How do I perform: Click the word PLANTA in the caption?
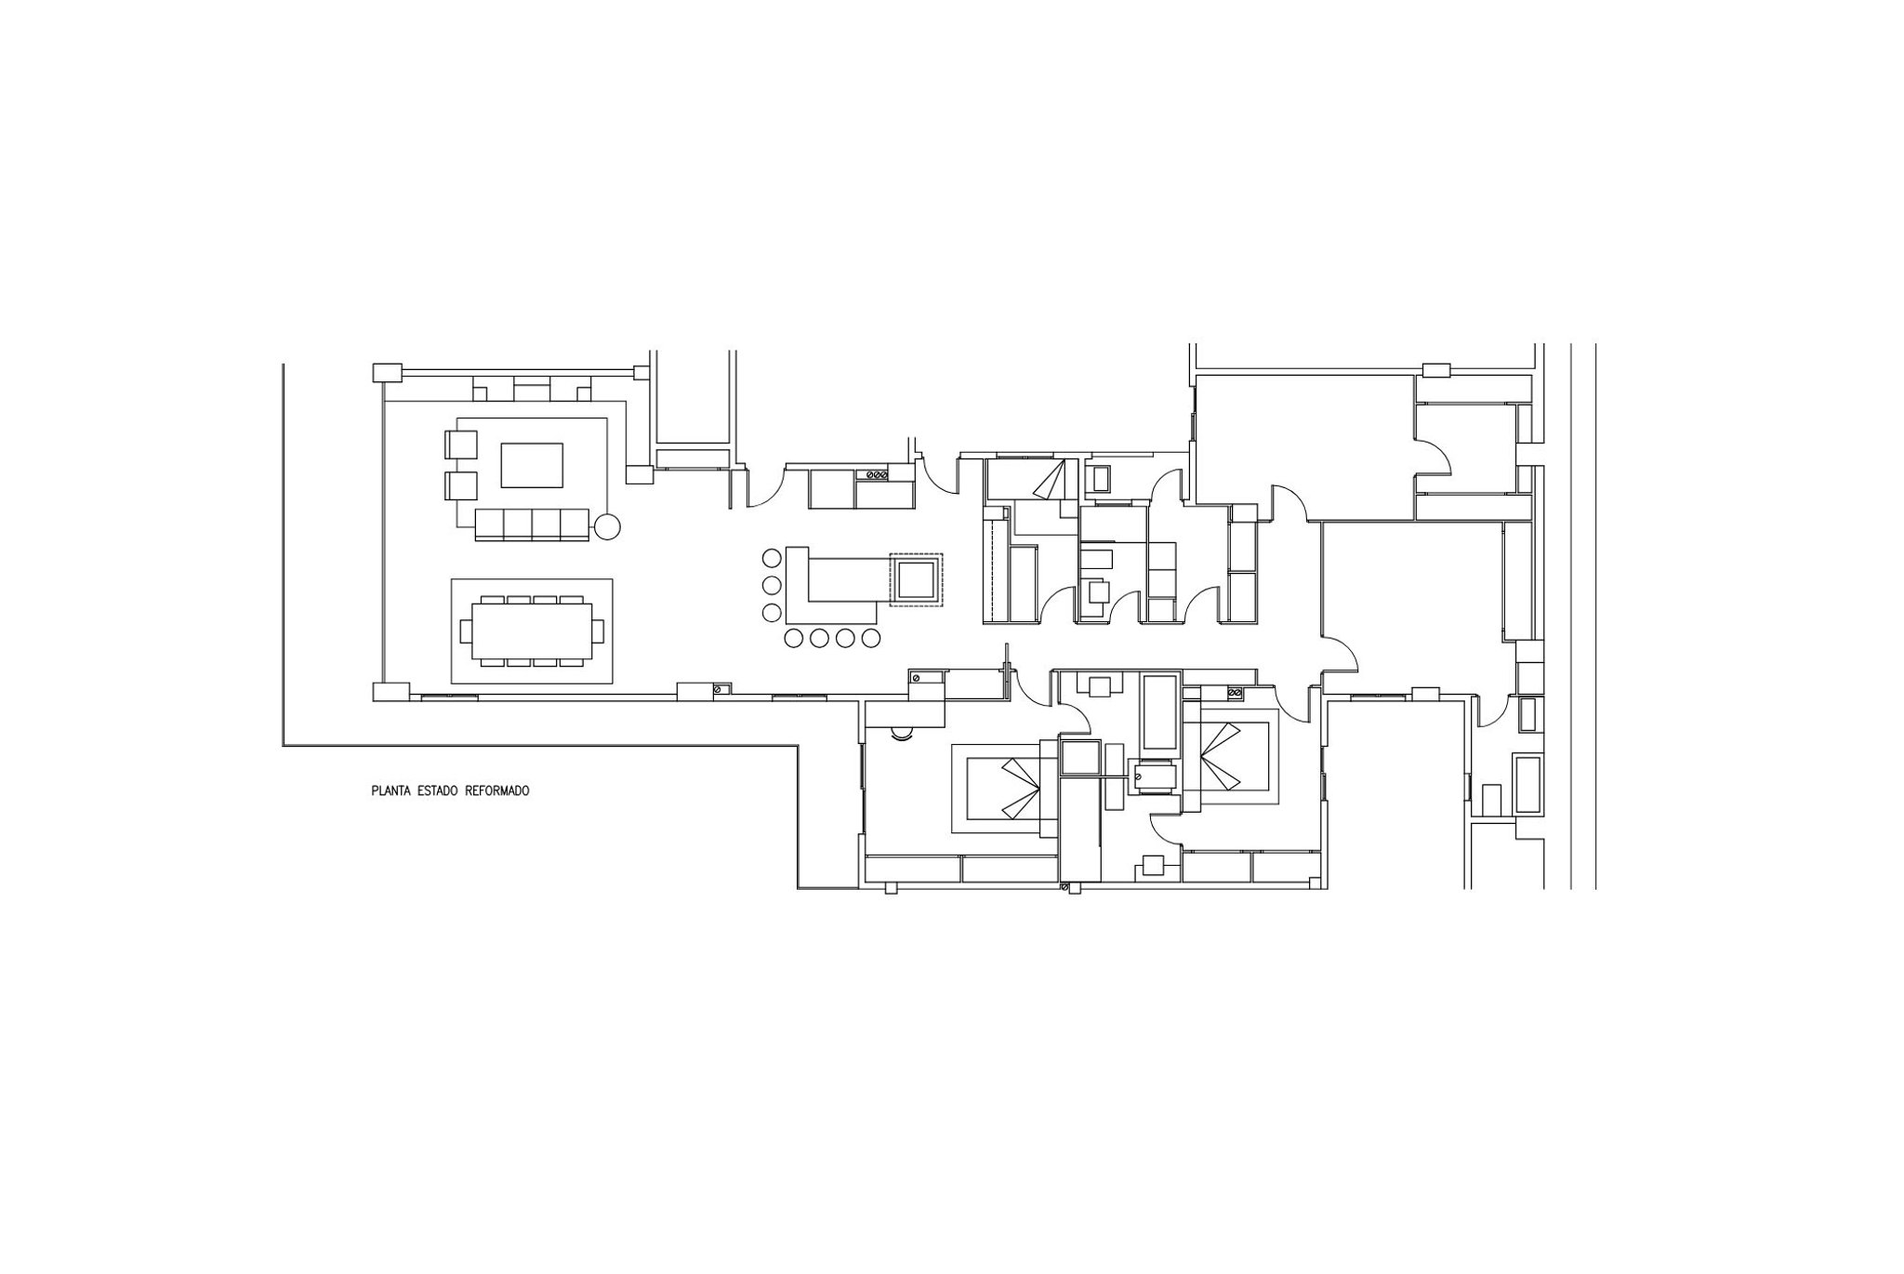[390, 791]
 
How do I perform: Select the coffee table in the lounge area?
[532, 465]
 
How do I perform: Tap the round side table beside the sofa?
[607, 527]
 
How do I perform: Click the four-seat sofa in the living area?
[532, 524]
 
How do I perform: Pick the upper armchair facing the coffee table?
[461, 445]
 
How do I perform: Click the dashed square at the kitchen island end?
[916, 580]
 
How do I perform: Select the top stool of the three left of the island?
[772, 559]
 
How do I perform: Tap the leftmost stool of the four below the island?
[794, 638]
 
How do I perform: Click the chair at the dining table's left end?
[467, 631]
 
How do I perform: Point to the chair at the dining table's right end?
[598, 631]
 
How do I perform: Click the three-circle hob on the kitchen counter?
[876, 475]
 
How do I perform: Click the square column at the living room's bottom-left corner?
[390, 692]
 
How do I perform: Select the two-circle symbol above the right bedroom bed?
[1236, 694]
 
